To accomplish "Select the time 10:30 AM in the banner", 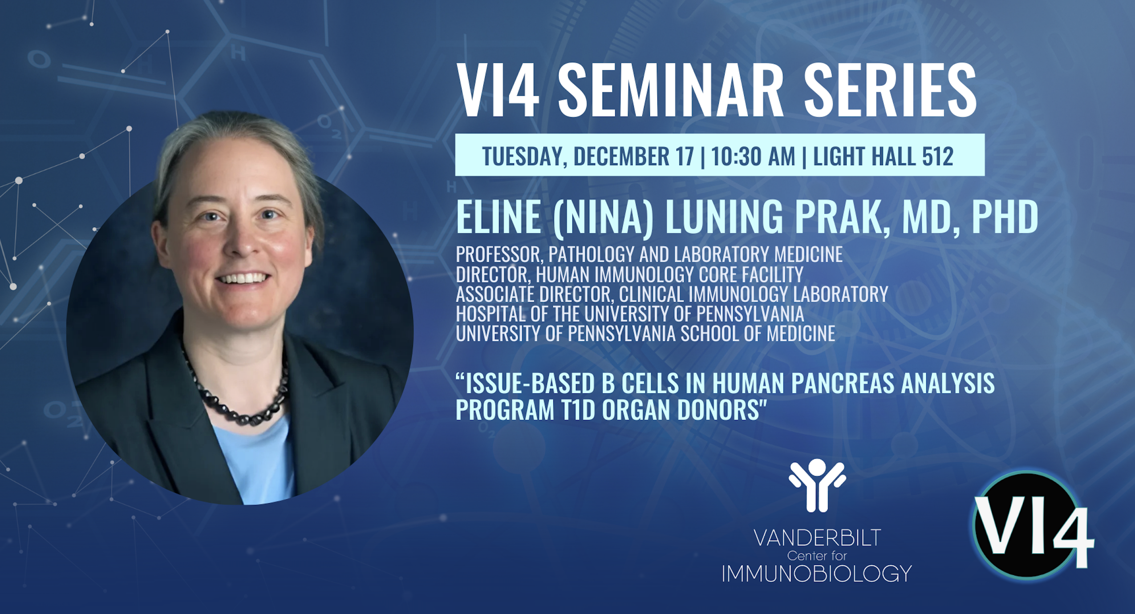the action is tap(753, 156).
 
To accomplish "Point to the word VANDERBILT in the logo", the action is tap(817, 538).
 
